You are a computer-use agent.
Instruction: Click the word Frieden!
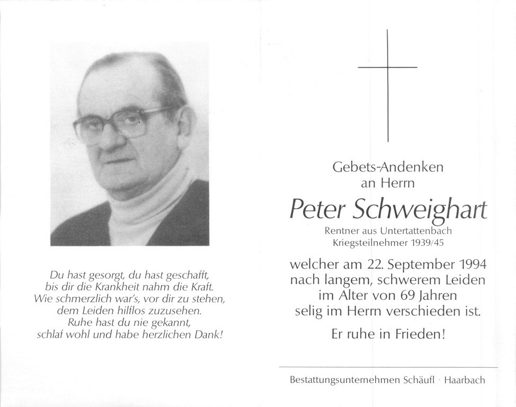(419, 335)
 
